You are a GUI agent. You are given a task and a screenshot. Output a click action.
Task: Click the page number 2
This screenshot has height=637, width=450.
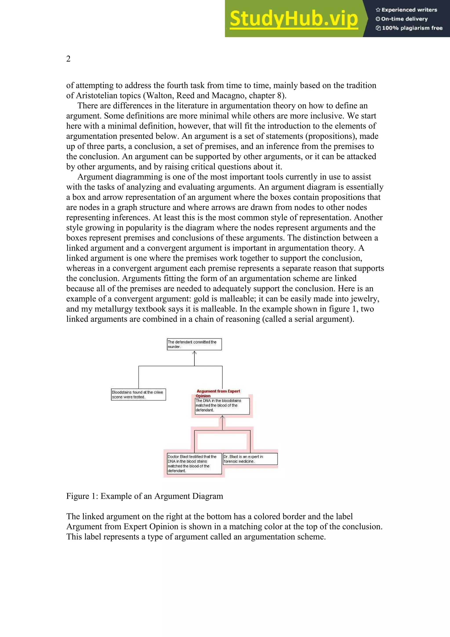click(x=68, y=59)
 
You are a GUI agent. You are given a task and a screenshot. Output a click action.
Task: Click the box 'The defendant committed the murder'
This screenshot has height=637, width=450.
click(x=194, y=344)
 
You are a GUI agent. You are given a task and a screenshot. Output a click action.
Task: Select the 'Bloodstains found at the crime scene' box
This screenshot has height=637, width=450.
click(x=138, y=394)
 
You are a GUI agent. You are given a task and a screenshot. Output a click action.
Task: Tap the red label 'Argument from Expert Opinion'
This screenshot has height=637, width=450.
click(x=218, y=393)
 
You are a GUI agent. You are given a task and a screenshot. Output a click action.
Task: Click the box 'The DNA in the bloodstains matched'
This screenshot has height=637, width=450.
click(x=222, y=406)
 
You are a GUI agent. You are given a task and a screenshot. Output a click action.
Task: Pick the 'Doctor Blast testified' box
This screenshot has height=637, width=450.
click(x=194, y=463)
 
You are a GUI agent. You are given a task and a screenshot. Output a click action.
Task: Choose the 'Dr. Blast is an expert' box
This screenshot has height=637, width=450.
click(x=250, y=459)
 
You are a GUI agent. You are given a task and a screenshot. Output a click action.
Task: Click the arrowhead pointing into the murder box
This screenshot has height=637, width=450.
click(x=194, y=353)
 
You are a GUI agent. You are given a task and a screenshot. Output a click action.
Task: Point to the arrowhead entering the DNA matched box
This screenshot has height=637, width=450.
click(x=222, y=417)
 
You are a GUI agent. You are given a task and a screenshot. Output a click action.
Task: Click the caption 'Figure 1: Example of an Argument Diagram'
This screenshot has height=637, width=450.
click(x=144, y=496)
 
